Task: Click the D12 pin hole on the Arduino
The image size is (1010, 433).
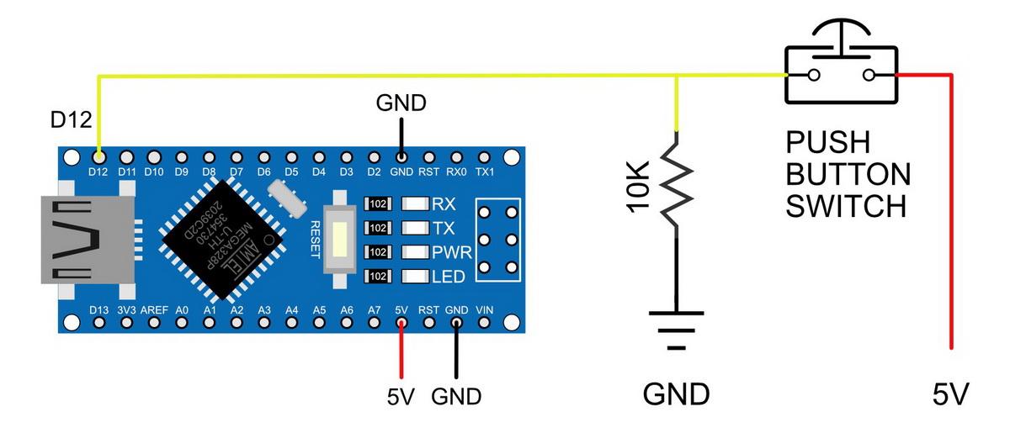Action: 99,156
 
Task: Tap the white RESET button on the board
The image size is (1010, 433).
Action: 339,240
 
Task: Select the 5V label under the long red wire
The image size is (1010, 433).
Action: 952,393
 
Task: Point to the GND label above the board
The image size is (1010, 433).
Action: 401,103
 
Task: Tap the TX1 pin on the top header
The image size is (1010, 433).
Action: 484,156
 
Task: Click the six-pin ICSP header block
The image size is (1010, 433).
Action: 497,240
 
